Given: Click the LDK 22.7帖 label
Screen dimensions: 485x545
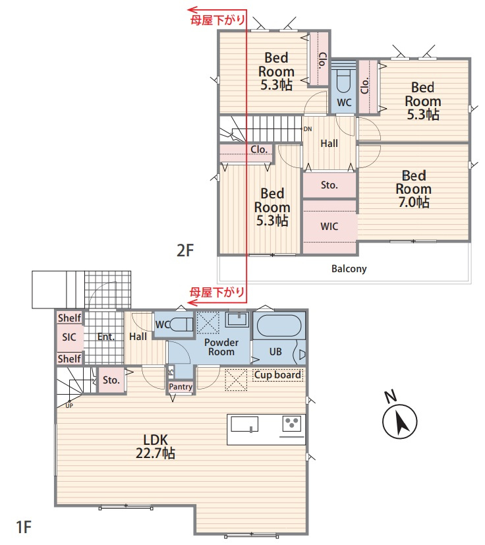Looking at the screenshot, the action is [x=156, y=447].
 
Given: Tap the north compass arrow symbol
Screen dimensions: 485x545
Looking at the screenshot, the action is [x=399, y=421].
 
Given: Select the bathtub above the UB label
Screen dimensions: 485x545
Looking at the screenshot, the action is [x=279, y=326].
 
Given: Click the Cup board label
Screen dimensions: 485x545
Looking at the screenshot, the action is [x=277, y=375].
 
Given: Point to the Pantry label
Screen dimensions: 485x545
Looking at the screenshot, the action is [x=181, y=386].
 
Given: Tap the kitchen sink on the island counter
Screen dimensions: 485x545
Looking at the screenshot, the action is [x=244, y=424].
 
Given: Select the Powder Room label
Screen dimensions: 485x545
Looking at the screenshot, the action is [x=221, y=347].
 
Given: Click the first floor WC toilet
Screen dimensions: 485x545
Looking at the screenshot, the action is [x=181, y=325].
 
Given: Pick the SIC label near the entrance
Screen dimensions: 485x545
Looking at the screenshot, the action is [x=69, y=337].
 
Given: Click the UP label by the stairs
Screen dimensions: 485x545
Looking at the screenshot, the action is [x=69, y=406].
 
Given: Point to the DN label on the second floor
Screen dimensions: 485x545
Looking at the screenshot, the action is [x=308, y=129].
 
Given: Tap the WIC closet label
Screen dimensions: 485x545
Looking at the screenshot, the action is [x=329, y=227].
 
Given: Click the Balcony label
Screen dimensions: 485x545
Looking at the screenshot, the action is [x=349, y=269].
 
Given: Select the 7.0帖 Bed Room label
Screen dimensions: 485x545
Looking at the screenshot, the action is [x=414, y=188].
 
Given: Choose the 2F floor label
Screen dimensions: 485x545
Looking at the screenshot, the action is [x=185, y=250].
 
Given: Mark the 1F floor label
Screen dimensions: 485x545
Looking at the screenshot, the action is [x=24, y=527].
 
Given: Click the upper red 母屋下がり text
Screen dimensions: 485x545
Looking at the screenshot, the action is [x=218, y=20].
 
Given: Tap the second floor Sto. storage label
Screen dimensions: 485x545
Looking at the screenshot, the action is [x=329, y=185].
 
